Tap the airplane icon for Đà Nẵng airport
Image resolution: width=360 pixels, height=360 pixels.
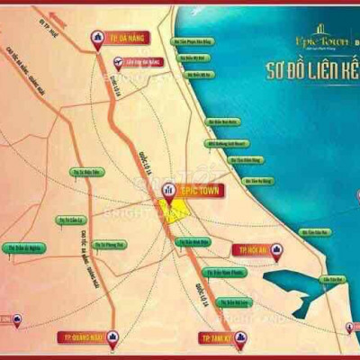click(x=120, y=62)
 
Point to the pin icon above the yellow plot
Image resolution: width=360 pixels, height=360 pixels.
click(x=166, y=190)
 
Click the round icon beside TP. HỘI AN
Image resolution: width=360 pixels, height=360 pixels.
click(x=277, y=248)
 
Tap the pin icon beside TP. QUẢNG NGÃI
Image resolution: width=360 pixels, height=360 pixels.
click(x=112, y=337)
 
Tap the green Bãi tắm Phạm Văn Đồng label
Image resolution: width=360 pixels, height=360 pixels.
click(x=193, y=41)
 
